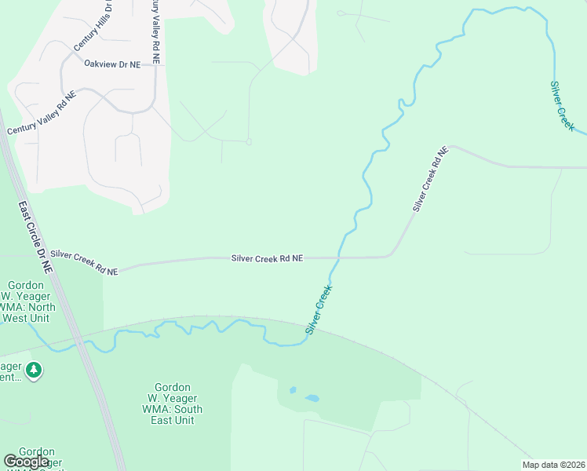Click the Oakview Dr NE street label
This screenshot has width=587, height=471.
click(x=112, y=64)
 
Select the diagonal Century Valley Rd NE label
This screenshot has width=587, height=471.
click(x=42, y=114)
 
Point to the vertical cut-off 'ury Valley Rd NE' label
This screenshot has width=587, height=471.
click(x=156, y=31)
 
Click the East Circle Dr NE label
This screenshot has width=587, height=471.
click(x=36, y=235)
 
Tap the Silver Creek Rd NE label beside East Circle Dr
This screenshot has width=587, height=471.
click(x=84, y=262)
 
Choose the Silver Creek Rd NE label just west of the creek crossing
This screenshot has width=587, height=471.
click(x=267, y=257)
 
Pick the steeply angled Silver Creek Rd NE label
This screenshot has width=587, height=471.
click(x=430, y=178)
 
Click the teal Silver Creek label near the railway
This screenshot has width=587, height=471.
click(x=319, y=310)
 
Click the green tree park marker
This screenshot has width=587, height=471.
click(x=33, y=369)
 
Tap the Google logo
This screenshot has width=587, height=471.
click(x=27, y=462)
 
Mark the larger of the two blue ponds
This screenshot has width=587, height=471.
click(x=312, y=398)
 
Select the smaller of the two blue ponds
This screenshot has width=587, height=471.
click(x=293, y=389)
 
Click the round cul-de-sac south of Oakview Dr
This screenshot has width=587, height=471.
click(x=248, y=142)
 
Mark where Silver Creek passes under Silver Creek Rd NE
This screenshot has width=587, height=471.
click(x=338, y=257)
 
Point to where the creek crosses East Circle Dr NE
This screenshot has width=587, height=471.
click(x=78, y=342)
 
